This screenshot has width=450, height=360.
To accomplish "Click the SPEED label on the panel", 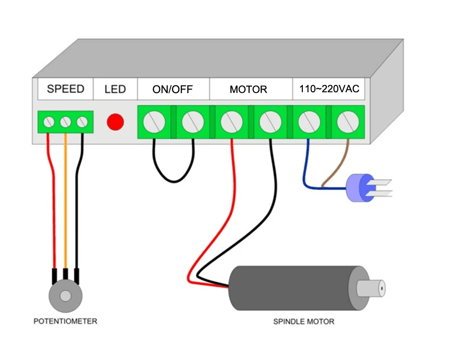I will pyautogui.click(x=65, y=89).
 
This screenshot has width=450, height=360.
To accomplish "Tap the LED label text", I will pyautogui.click(x=115, y=89).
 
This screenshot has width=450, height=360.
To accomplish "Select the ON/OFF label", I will pyautogui.click(x=172, y=89).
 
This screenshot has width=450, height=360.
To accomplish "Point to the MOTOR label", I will pyautogui.click(x=248, y=89).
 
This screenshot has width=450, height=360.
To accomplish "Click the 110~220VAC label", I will pyautogui.click(x=329, y=89).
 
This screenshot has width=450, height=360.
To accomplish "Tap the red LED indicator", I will pyautogui.click(x=115, y=122).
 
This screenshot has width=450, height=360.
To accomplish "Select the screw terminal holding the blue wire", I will pyautogui.click(x=309, y=121).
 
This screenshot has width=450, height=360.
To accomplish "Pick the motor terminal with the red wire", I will pyautogui.click(x=232, y=121).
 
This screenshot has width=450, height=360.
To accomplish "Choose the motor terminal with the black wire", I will pyautogui.click(x=270, y=121).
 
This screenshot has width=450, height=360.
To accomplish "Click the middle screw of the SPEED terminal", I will pyautogui.click(x=66, y=121).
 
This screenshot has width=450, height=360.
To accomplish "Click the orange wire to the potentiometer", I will pyautogui.click(x=66, y=202).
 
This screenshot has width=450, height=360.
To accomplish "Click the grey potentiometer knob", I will pyautogui.click(x=66, y=296).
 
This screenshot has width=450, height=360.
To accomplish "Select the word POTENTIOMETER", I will pyautogui.click(x=65, y=321).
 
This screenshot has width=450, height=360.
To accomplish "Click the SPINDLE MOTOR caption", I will pyautogui.click(x=304, y=321).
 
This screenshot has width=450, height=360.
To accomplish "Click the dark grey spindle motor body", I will pyautogui.click(x=292, y=288).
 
